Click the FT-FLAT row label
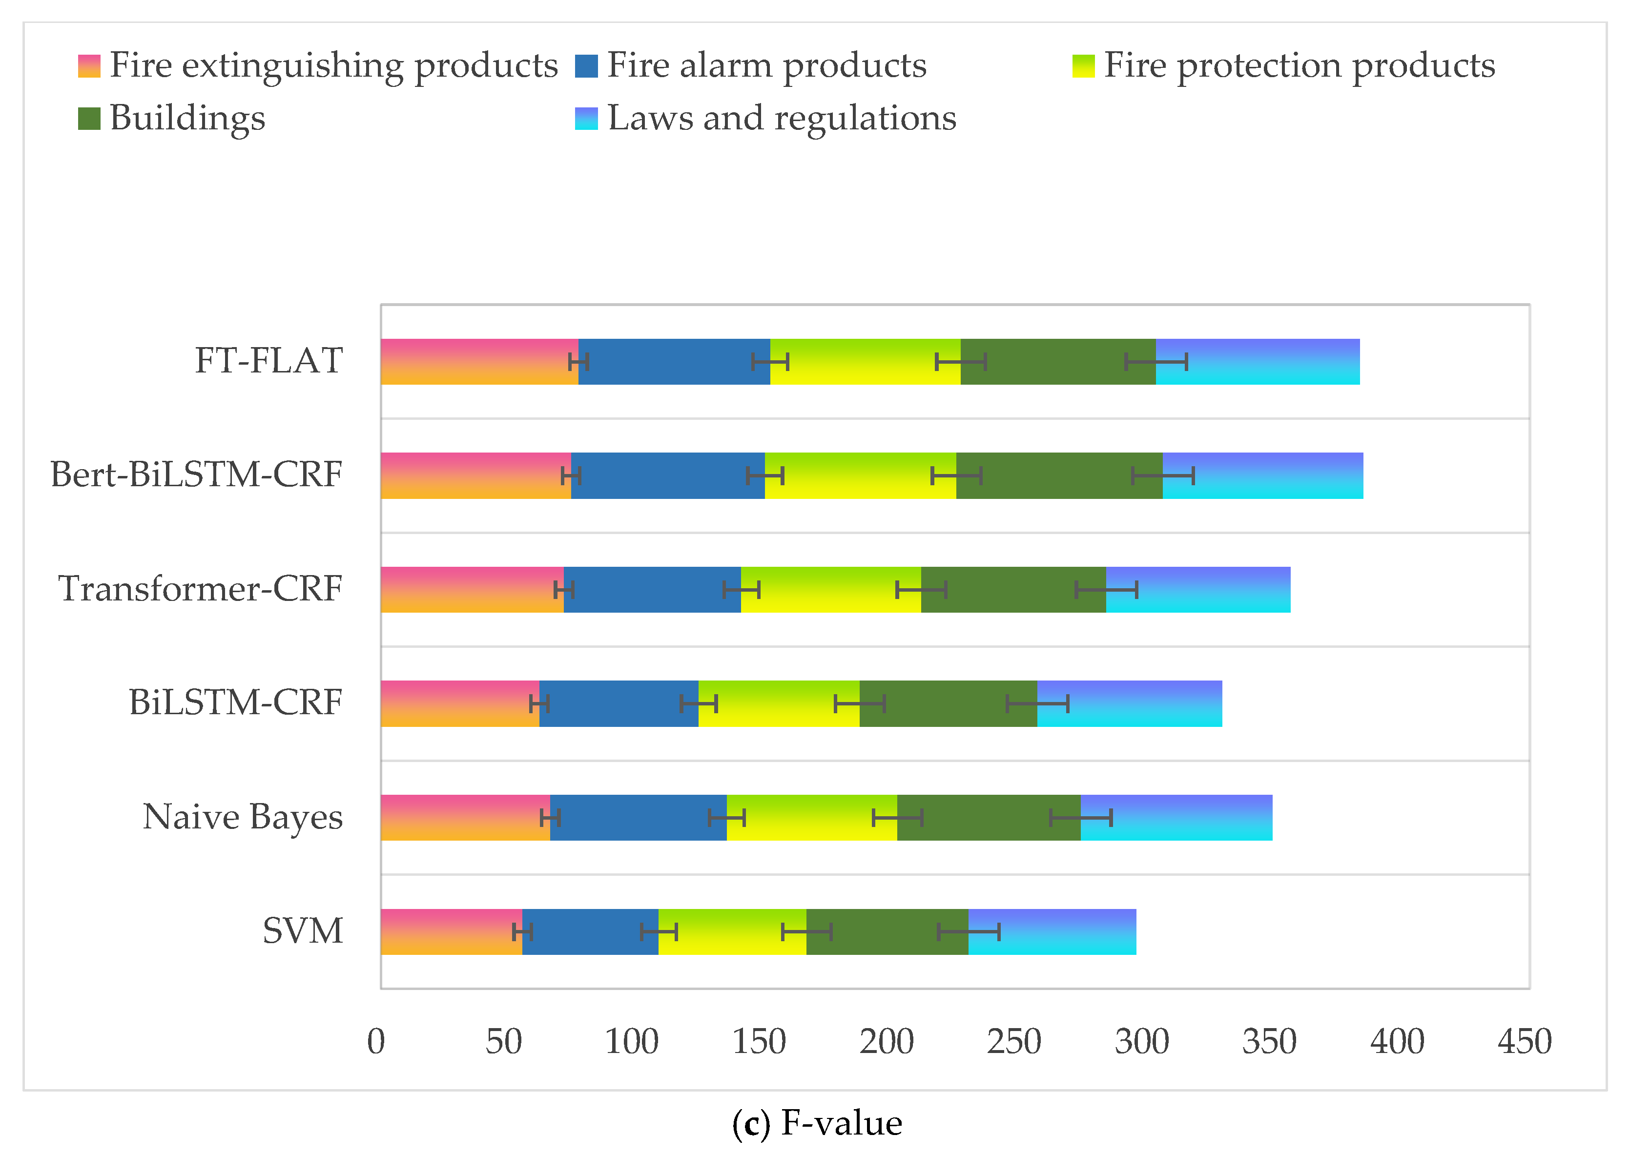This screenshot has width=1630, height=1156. (x=268, y=361)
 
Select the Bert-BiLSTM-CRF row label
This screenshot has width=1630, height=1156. (x=196, y=475)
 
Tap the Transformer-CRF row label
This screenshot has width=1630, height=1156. (x=200, y=589)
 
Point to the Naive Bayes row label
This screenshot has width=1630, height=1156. (x=243, y=816)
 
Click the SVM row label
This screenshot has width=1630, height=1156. (x=303, y=930)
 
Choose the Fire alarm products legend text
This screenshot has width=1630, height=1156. (x=766, y=65)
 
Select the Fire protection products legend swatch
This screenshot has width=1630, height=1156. (x=1083, y=65)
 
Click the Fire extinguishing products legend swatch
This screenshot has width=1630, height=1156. (x=89, y=65)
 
